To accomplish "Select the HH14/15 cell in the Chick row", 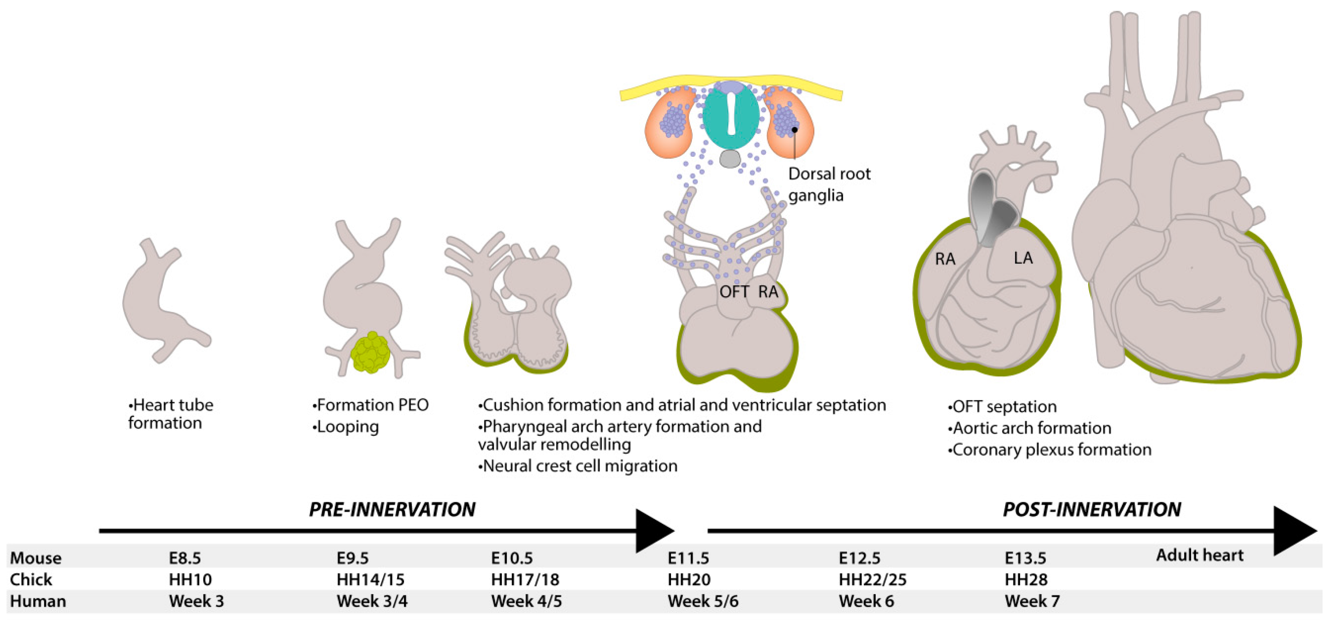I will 370,579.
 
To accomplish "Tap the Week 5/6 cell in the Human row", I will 703,601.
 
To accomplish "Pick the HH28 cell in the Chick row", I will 1026,579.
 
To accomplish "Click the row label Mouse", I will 36,558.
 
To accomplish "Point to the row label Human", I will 38,601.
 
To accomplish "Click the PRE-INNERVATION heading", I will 392,510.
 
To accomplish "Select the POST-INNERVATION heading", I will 1091,510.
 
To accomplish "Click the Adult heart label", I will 1200,555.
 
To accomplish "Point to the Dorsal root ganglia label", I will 829,184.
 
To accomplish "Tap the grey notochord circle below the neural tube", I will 730,159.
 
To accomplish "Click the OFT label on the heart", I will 734,292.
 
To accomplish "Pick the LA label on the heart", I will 1023,258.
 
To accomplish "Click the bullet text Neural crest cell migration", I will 578,466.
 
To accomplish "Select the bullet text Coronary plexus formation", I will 1050,450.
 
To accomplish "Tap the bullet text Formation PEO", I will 371,405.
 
